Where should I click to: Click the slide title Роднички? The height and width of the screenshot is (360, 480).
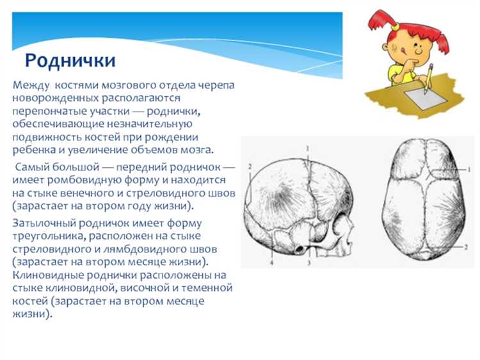point(70,60)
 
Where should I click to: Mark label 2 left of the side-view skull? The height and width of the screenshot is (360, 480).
point(250,166)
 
